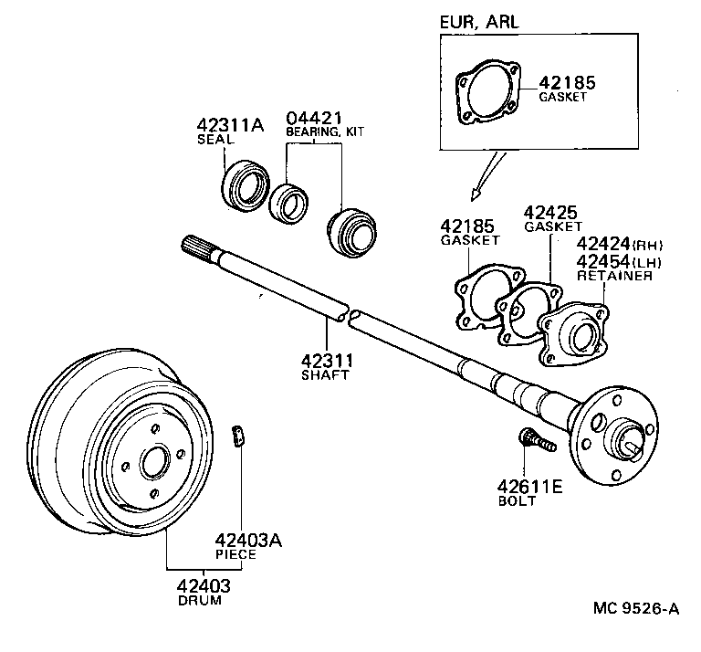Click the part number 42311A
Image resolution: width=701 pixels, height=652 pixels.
pyautogui.click(x=230, y=125)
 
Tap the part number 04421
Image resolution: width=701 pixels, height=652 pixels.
pyautogui.click(x=314, y=119)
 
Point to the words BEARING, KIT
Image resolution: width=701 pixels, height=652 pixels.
pyautogui.click(x=325, y=133)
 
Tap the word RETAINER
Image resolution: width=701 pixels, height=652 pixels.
pyautogui.click(x=613, y=276)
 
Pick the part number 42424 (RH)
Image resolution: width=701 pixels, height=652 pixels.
pyautogui.click(x=607, y=245)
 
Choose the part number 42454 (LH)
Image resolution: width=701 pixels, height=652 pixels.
pyautogui.click(x=607, y=261)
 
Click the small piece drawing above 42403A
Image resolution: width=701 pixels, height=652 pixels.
pyautogui.click(x=239, y=436)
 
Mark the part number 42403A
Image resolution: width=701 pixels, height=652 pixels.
pyautogui.click(x=247, y=540)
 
